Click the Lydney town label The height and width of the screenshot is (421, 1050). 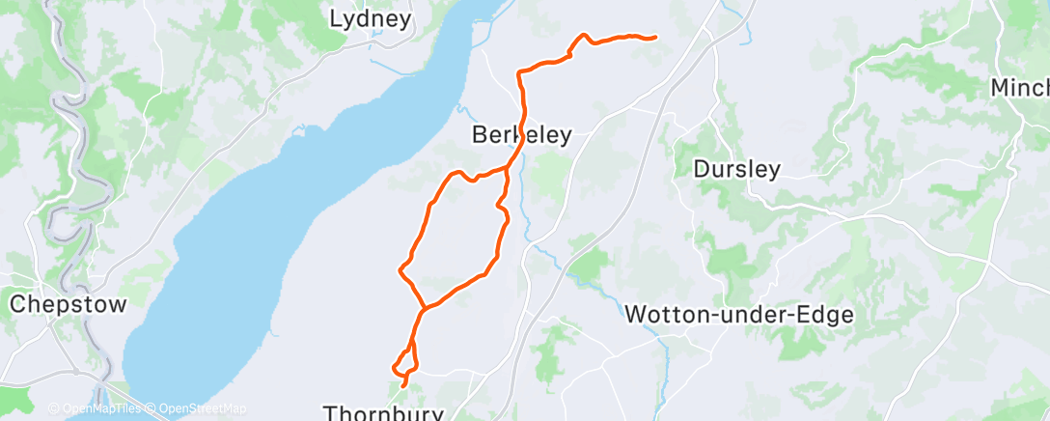[371, 18]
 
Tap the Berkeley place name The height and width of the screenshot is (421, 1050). [522, 135]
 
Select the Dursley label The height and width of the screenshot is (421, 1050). [737, 169]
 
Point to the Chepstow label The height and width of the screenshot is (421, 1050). [68, 304]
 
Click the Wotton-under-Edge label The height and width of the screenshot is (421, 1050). [739, 314]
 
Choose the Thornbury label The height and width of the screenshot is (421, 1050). [384, 413]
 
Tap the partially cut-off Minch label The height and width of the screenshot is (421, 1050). [1021, 88]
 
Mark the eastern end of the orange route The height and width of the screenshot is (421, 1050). [655, 38]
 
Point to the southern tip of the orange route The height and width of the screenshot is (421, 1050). [402, 385]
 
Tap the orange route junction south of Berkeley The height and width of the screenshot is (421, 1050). [508, 168]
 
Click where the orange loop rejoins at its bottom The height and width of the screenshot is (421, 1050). [424, 309]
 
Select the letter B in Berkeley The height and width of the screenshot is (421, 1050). [480, 135]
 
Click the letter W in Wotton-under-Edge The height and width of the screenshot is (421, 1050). [636, 314]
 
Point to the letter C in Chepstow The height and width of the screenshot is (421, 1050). [17, 304]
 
